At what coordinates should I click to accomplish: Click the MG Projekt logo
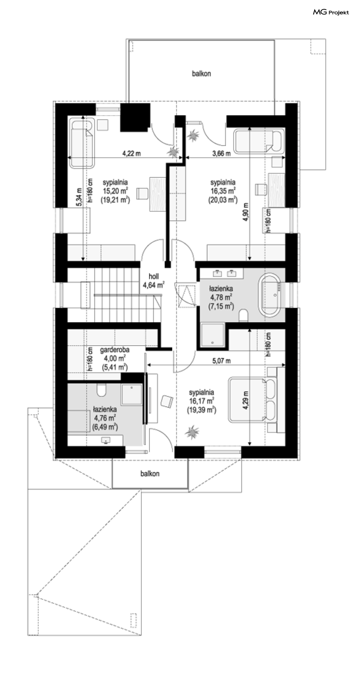331,12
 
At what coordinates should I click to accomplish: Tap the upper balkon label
201,73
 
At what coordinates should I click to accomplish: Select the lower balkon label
150,473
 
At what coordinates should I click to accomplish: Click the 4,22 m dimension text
132,153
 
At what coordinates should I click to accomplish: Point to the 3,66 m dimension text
221,153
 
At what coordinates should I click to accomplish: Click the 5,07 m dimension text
221,361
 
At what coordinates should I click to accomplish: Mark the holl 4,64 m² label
154,280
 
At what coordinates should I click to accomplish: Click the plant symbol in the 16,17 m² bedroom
192,432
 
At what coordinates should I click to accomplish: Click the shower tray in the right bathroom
213,335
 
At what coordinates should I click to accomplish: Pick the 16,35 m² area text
223,191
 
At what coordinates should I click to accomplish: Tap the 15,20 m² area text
115,191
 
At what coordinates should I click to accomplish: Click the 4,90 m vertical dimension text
246,212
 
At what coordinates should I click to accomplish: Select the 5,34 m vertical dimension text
80,197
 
